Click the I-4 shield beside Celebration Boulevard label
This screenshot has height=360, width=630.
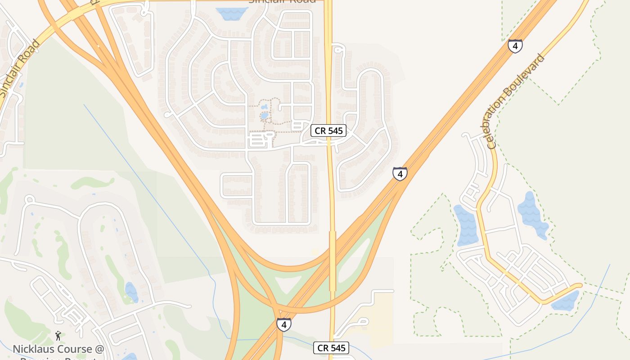(x=515, y=45)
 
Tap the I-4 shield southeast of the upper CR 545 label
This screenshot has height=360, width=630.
(x=400, y=174)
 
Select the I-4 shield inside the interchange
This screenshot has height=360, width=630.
(x=283, y=324)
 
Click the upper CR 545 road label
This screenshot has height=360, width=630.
(x=329, y=131)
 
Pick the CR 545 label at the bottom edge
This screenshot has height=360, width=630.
(x=331, y=348)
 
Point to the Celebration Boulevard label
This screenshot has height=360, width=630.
(x=516, y=102)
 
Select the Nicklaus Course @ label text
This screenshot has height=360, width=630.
(x=58, y=349)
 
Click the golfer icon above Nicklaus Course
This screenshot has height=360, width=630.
(x=58, y=336)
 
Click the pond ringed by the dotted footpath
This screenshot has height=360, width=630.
(x=264, y=116)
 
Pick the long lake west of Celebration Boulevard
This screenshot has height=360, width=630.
(x=466, y=225)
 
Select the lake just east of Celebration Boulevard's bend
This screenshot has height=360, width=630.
(x=532, y=214)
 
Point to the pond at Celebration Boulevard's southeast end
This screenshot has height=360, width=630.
(x=566, y=301)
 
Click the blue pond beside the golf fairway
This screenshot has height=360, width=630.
(x=131, y=292)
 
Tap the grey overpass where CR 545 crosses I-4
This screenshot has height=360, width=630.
(x=333, y=261)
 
